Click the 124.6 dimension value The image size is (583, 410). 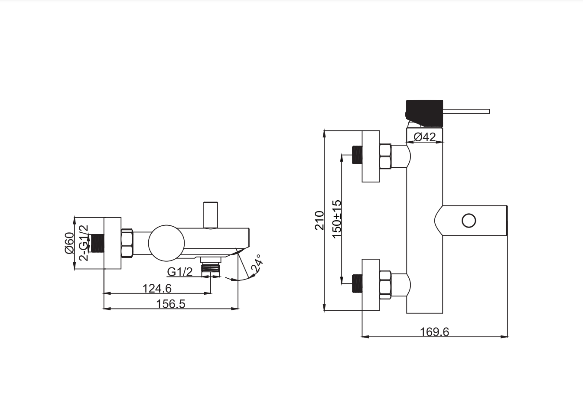157,289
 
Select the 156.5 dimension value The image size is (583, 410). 170,304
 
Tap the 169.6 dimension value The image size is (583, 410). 435,332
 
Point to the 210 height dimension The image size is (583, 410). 319,221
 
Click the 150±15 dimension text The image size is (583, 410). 337,219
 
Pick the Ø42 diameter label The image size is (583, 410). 424,137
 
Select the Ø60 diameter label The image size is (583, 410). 69,243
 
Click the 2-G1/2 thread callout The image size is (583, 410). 84,243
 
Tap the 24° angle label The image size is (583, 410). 257,263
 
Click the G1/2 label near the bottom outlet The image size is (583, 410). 179,272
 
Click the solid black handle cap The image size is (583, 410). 424,114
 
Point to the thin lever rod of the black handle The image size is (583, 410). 466,111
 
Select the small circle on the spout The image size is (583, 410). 469,221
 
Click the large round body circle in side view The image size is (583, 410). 166,243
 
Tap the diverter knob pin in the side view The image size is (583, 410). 211,215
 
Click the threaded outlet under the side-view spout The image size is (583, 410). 211,267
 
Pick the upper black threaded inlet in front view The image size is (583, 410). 357,155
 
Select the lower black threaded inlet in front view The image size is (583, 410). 357,283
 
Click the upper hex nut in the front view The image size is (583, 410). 385,156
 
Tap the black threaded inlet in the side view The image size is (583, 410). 98,243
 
